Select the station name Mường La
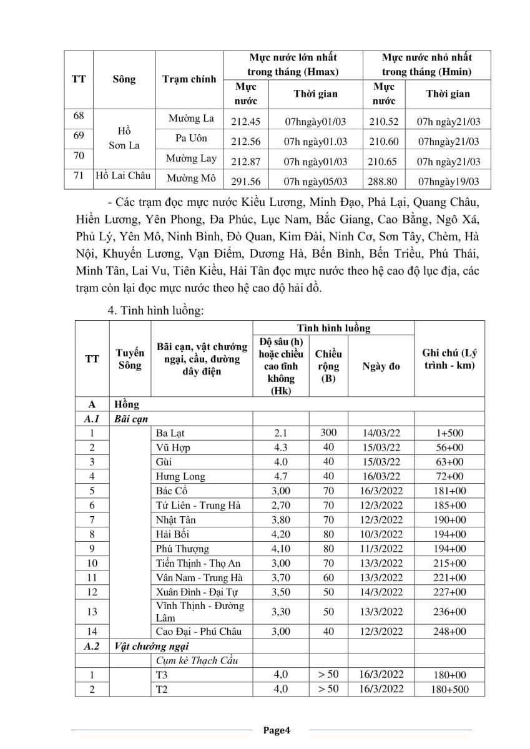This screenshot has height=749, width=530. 192,118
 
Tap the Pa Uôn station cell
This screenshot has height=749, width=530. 192,138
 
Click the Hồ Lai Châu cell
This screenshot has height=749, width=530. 123,176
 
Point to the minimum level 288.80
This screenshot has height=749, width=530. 383,181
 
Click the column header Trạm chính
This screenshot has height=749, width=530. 189,79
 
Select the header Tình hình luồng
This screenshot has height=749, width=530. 333,328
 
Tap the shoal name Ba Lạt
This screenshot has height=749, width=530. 169,433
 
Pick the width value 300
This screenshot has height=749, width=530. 328,433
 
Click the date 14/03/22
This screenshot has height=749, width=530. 381,433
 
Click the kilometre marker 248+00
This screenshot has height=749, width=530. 449,631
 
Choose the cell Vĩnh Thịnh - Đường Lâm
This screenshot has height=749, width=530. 200,612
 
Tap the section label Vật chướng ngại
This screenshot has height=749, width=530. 152,645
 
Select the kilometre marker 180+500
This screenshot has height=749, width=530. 449,689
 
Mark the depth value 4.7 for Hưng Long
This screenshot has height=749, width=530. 280,476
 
